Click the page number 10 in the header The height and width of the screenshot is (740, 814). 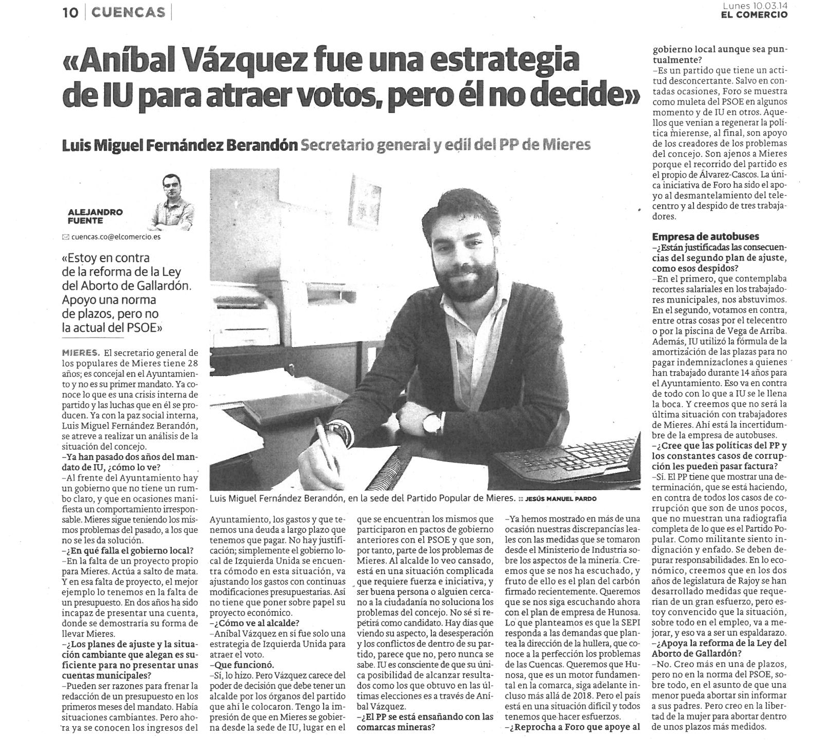pyautogui.click(x=70, y=12)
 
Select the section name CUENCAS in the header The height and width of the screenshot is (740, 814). pyautogui.click(x=128, y=12)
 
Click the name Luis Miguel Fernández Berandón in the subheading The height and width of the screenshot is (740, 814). pyautogui.click(x=180, y=146)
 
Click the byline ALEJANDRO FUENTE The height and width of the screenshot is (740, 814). pyautogui.click(x=95, y=216)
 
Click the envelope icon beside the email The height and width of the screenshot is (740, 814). pyautogui.click(x=65, y=237)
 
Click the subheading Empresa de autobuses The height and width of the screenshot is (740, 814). pyautogui.click(x=698, y=236)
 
